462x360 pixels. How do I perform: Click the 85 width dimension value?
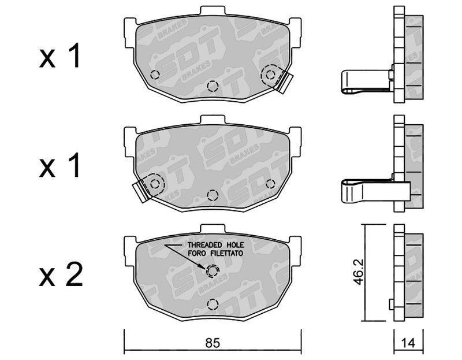213,343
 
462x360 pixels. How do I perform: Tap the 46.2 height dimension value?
358,272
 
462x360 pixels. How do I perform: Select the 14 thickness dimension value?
408,343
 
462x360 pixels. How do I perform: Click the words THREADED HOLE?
215,244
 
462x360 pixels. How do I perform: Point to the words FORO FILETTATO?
215,253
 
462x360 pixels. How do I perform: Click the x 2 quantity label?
61,275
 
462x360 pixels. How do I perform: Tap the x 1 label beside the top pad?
59,55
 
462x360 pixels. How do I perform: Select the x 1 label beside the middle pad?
59,165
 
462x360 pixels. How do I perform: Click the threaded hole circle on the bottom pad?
213,271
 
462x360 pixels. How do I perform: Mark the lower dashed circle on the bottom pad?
213,305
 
